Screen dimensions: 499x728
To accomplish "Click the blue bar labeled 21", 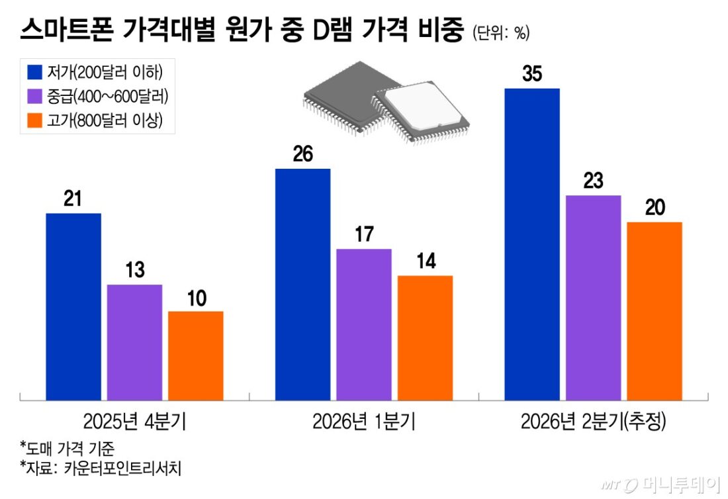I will pyautogui.click(x=73, y=306).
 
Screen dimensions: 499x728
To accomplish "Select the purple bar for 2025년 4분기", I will pyautogui.click(x=134, y=342).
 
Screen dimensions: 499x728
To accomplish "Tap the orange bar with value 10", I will pyautogui.click(x=195, y=355).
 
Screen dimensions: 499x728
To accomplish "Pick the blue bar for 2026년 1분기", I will pyautogui.click(x=302, y=285).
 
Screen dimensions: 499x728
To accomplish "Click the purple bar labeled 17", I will pyautogui.click(x=363, y=324).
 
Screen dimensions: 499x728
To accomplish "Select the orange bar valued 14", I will pyautogui.click(x=425, y=338).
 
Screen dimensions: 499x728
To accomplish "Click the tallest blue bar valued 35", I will pyautogui.click(x=531, y=244).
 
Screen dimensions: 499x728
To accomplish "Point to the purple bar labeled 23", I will pyautogui.click(x=593, y=298).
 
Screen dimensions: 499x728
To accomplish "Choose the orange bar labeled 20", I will pyautogui.click(x=654, y=311).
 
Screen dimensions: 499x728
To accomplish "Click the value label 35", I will pyautogui.click(x=531, y=75).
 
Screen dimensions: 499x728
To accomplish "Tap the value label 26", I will pyautogui.click(x=302, y=155).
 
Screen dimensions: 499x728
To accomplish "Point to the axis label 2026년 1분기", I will pyautogui.click(x=363, y=422).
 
